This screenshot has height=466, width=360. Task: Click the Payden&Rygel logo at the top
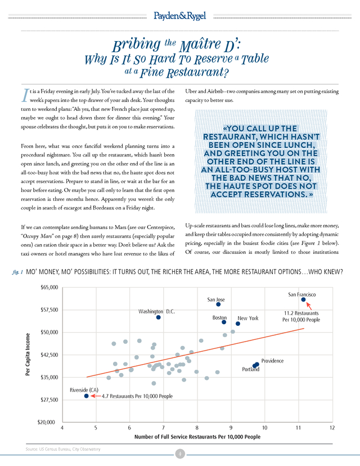pos(179,16)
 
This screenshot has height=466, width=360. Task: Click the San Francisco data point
pos(303,299)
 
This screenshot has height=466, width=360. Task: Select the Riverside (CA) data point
pos(86,396)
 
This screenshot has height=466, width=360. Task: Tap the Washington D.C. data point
pos(158,317)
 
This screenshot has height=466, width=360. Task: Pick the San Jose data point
pos(218,304)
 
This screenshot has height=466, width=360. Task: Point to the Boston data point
pos(224,322)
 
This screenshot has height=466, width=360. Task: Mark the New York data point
pos(238,324)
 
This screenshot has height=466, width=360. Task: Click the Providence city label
pos(272,361)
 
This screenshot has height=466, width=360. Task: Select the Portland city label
pos(250,369)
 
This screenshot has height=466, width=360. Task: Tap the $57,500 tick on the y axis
pos(49,310)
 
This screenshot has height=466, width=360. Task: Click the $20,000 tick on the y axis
pos(46,422)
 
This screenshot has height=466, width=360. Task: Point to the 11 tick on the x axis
pos(298,428)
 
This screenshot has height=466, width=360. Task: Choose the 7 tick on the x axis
pos(163,428)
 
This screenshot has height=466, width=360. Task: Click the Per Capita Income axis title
pos(28,354)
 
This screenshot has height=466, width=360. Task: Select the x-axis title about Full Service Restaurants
pos(197,437)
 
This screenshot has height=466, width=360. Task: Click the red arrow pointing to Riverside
pos(96,396)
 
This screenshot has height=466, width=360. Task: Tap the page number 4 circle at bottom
pos(179,454)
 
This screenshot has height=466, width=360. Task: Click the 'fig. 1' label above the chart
pos(17,272)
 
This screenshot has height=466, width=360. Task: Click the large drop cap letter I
pos(25,95)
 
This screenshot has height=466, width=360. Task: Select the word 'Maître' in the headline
pos(200,45)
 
